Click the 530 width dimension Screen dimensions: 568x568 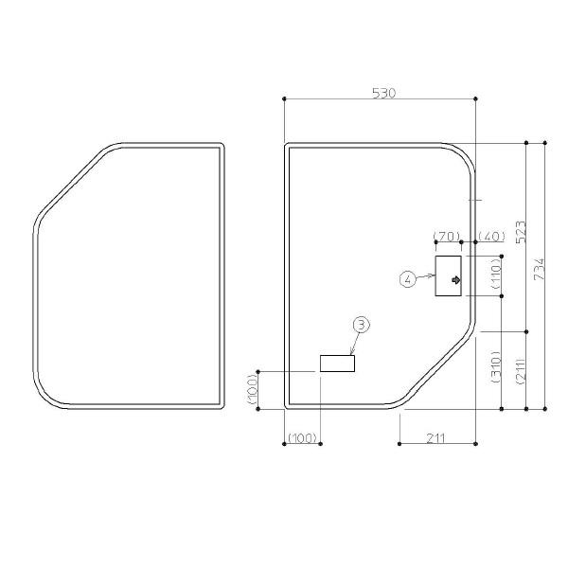(384, 94)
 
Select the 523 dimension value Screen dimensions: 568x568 (521, 232)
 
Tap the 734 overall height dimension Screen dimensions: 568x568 (540, 269)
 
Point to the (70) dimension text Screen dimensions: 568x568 (447, 237)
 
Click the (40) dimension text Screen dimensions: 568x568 (491, 237)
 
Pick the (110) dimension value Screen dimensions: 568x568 (496, 273)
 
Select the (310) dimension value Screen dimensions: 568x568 (495, 367)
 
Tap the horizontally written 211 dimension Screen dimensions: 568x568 (435, 438)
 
